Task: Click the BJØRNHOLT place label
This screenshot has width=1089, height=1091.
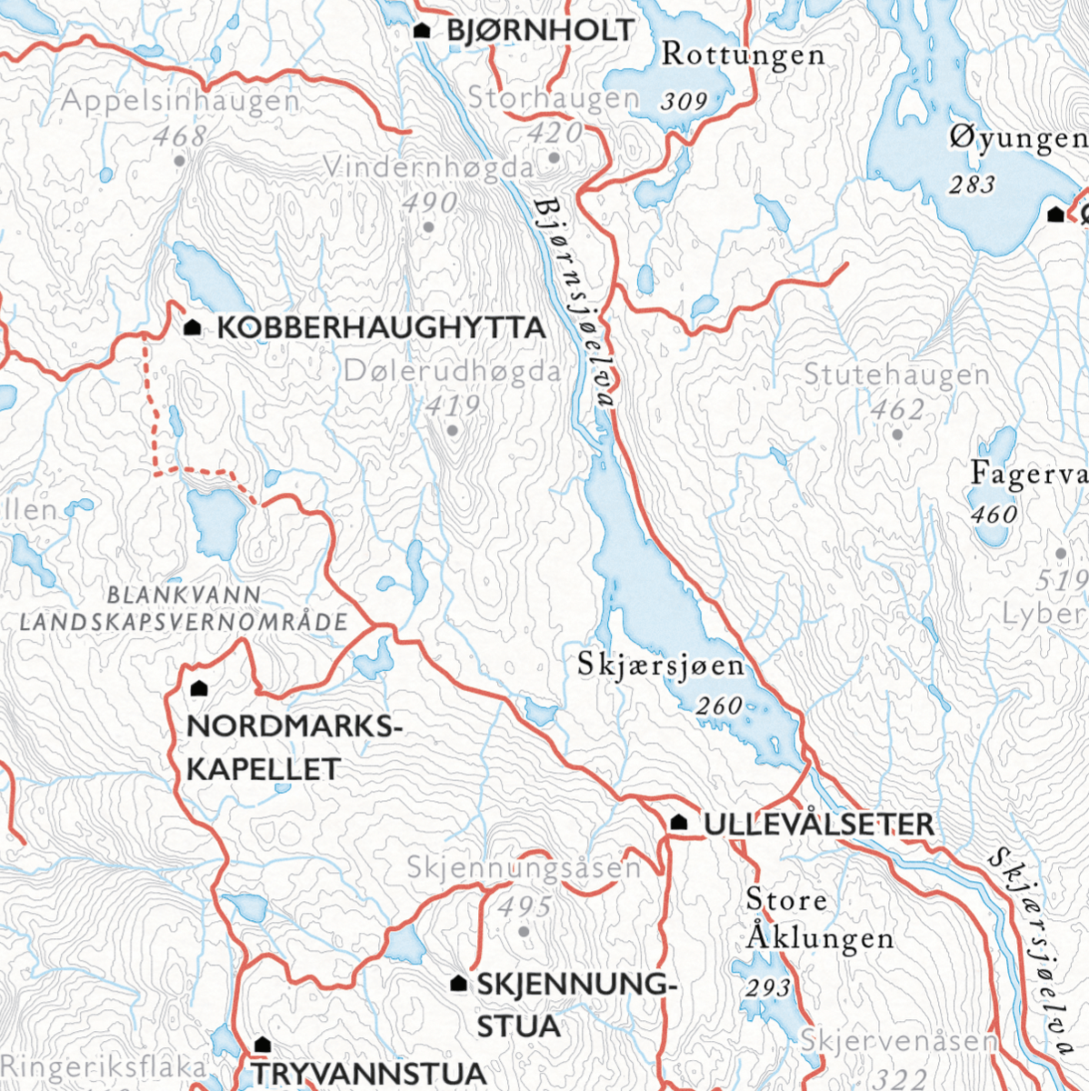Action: click(x=540, y=30)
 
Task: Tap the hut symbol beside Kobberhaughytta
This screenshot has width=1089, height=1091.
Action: click(x=193, y=327)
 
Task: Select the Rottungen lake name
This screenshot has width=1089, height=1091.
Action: click(x=743, y=55)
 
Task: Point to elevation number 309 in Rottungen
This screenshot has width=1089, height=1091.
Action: click(x=684, y=101)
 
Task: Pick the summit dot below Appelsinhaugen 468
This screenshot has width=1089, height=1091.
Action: click(x=179, y=161)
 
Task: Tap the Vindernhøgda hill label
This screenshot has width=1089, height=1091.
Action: click(x=427, y=168)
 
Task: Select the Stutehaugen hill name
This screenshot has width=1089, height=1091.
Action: click(x=896, y=375)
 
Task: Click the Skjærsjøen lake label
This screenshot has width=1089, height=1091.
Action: click(x=661, y=666)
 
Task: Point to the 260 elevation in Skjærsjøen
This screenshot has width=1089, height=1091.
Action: click(x=719, y=706)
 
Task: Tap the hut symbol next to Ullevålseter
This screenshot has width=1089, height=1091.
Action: click(x=678, y=823)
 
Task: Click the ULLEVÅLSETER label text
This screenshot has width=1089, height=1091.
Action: click(x=818, y=825)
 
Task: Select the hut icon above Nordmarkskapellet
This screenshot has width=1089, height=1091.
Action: click(x=200, y=689)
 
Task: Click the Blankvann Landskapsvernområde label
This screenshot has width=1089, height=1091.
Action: click(x=184, y=609)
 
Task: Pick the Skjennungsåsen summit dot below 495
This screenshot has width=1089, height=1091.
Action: click(x=524, y=932)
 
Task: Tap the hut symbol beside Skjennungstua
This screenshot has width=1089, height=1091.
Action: click(x=459, y=984)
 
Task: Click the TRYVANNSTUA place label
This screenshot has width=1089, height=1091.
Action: click(x=369, y=1074)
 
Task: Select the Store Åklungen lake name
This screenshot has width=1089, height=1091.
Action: click(x=818, y=918)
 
